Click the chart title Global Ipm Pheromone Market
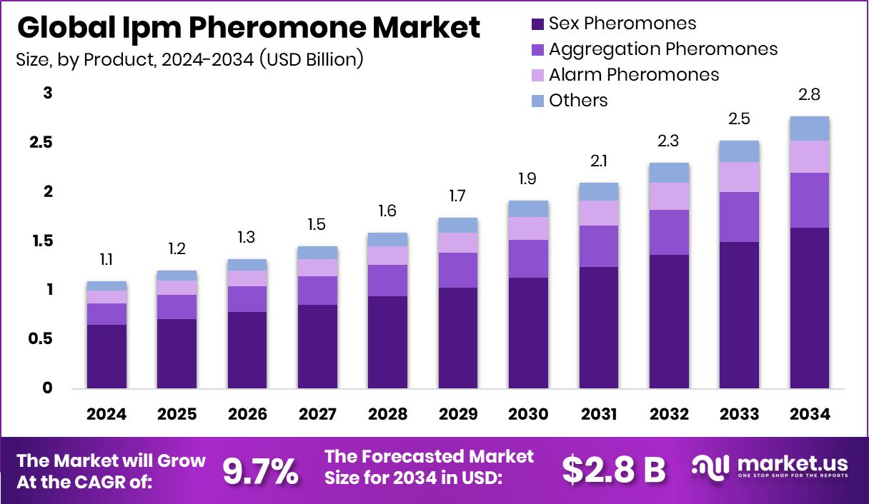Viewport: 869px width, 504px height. tap(248, 28)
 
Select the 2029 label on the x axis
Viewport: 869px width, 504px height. tap(458, 415)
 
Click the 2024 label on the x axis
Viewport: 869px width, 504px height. tap(106, 415)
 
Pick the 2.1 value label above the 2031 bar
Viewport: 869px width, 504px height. tap(599, 162)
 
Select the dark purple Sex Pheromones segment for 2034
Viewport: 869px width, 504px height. tap(810, 308)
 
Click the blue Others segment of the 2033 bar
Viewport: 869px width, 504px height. tap(739, 151)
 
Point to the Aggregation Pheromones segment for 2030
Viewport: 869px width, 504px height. tap(528, 258)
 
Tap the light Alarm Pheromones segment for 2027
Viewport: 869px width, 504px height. tap(317, 268)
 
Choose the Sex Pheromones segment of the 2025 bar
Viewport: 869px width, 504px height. tap(177, 353)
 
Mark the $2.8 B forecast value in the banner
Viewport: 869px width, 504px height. tap(612, 469)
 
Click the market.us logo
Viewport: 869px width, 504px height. tap(770, 468)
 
